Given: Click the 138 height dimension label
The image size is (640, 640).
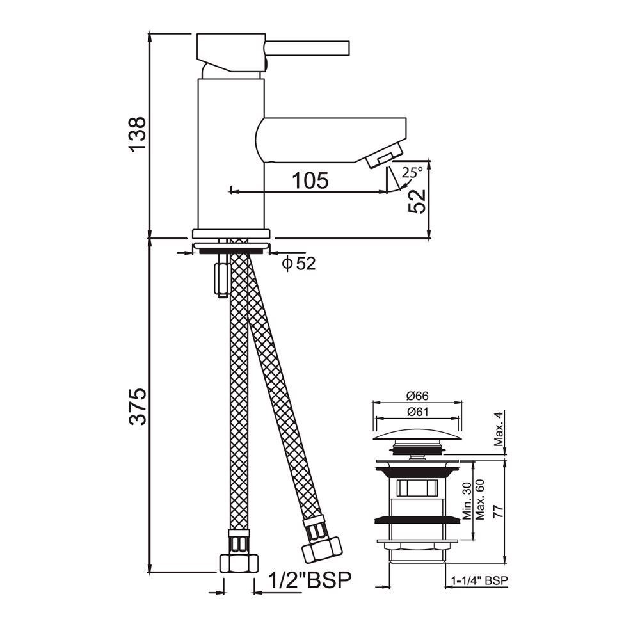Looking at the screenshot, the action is coord(137,134).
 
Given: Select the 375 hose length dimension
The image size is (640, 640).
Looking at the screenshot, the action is coord(137,406).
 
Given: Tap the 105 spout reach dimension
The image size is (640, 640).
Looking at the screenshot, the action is coord(310,180).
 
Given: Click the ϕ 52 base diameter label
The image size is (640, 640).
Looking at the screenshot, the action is coord(299,264).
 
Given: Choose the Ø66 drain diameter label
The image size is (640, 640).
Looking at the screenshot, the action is coord(417,396).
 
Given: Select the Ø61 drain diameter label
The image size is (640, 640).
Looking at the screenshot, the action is coord(417,412).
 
